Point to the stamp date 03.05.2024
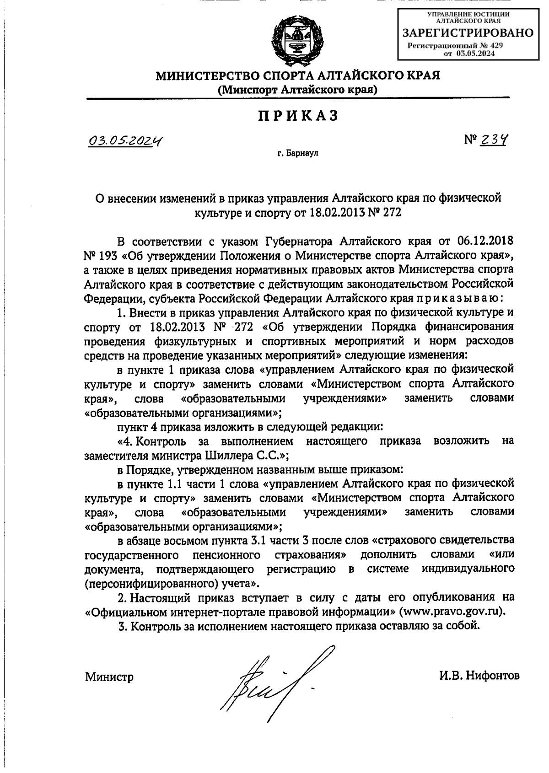(476, 54)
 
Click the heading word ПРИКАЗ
(298, 116)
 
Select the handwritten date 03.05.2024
(127, 142)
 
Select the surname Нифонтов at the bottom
(492, 676)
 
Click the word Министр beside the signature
(109, 677)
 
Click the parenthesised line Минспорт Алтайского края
(298, 90)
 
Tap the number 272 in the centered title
(390, 213)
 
